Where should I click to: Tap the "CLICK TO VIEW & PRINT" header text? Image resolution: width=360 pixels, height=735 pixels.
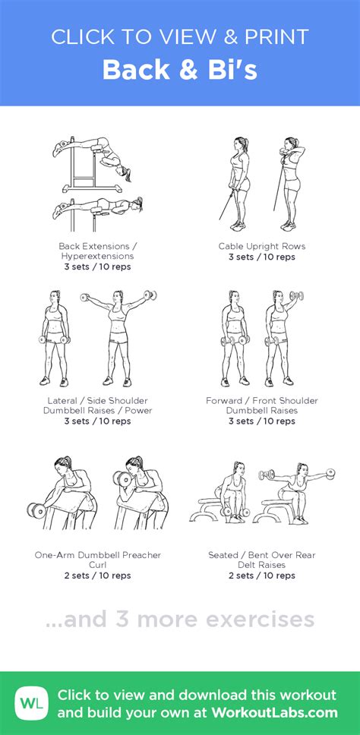(180, 36)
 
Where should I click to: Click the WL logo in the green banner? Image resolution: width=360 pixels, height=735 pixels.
(31, 702)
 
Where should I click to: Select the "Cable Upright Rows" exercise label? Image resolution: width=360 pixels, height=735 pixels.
(262, 246)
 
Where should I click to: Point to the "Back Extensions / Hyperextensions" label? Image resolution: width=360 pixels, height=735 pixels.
(98, 251)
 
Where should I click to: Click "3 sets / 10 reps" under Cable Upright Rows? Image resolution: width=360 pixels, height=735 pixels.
(262, 257)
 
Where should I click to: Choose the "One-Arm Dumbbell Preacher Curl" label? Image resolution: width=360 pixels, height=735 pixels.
(98, 560)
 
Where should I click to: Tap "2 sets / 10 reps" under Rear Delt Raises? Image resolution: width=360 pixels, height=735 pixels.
(262, 576)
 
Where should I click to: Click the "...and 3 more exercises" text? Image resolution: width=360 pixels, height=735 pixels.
(180, 619)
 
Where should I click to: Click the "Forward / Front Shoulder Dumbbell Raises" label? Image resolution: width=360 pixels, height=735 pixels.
(262, 405)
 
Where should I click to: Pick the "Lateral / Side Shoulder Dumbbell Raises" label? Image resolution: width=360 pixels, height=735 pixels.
(98, 405)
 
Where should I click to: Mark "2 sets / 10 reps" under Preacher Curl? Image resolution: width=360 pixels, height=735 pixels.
(98, 576)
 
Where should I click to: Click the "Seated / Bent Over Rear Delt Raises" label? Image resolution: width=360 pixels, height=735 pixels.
(262, 560)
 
